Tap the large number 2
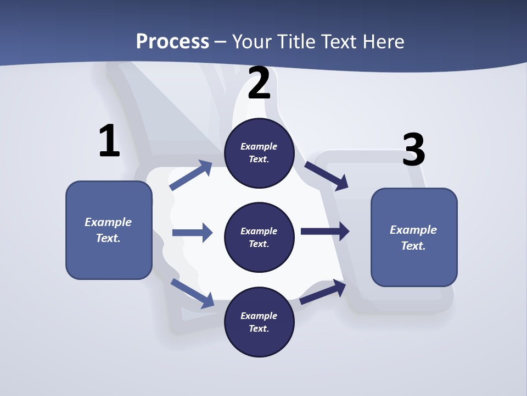[x=259, y=84]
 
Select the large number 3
[x=413, y=150]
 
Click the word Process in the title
[x=172, y=41]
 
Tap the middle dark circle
[x=259, y=237]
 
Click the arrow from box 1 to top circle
[x=191, y=175]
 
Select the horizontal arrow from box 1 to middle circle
[x=192, y=233]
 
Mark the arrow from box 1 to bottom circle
[x=192, y=293]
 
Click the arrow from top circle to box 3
[x=327, y=175]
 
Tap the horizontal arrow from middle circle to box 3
[x=325, y=231]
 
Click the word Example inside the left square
[x=108, y=222]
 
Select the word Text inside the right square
[x=412, y=246]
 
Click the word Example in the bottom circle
[x=259, y=316]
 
